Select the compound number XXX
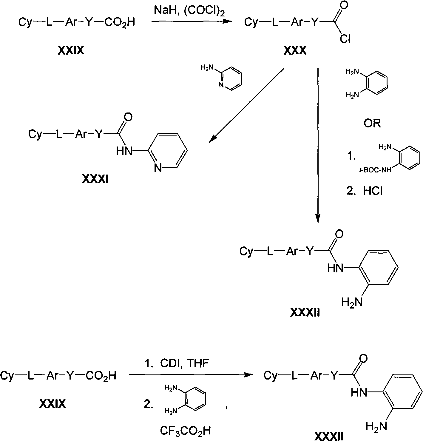(x=295, y=50)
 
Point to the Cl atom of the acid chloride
(x=345, y=39)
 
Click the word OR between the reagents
(x=372, y=124)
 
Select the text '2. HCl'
(x=365, y=191)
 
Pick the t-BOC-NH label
(x=375, y=170)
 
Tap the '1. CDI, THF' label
(x=177, y=363)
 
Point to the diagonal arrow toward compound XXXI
(x=246, y=105)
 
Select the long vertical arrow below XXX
(x=318, y=146)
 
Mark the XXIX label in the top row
(x=71, y=50)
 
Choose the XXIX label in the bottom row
(x=53, y=404)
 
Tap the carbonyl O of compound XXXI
(x=128, y=117)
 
